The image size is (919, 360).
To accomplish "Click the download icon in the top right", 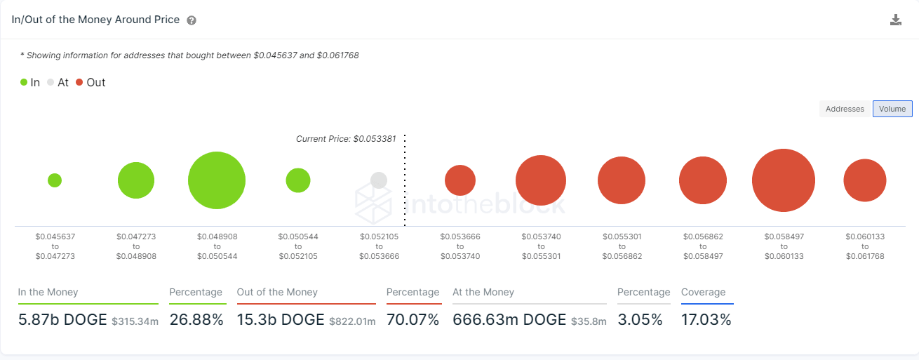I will pyautogui.click(x=895, y=20).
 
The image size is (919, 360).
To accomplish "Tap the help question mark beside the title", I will pyautogui.click(x=192, y=20).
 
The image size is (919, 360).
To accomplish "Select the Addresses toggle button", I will pyautogui.click(x=845, y=109).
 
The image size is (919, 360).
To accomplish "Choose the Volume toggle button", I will pyautogui.click(x=892, y=109).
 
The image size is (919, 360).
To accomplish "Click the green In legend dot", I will pyautogui.click(x=24, y=83).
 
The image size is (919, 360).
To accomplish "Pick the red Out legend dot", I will pyautogui.click(x=79, y=83).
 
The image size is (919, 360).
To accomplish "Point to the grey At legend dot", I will pyautogui.click(x=51, y=83).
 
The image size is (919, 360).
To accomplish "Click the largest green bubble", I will pyautogui.click(x=217, y=180).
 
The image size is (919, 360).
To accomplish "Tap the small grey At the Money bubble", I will pyautogui.click(x=379, y=180).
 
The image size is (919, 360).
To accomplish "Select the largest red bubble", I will pyautogui.click(x=784, y=180).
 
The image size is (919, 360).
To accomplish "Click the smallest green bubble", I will pyautogui.click(x=55, y=180).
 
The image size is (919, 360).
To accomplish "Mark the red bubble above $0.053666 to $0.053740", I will pyautogui.click(x=460, y=180).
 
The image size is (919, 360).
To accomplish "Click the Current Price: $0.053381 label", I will pyautogui.click(x=346, y=139).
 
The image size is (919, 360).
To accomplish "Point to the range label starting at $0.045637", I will pyautogui.click(x=55, y=246).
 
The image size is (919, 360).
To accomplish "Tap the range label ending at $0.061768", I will pyautogui.click(x=865, y=246).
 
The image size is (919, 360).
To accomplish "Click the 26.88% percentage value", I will pyautogui.click(x=196, y=320).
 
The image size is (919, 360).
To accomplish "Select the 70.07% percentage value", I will pyautogui.click(x=412, y=320).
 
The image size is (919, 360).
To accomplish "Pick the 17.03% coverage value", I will pyautogui.click(x=706, y=320).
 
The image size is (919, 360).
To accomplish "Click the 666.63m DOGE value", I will pyautogui.click(x=509, y=320).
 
